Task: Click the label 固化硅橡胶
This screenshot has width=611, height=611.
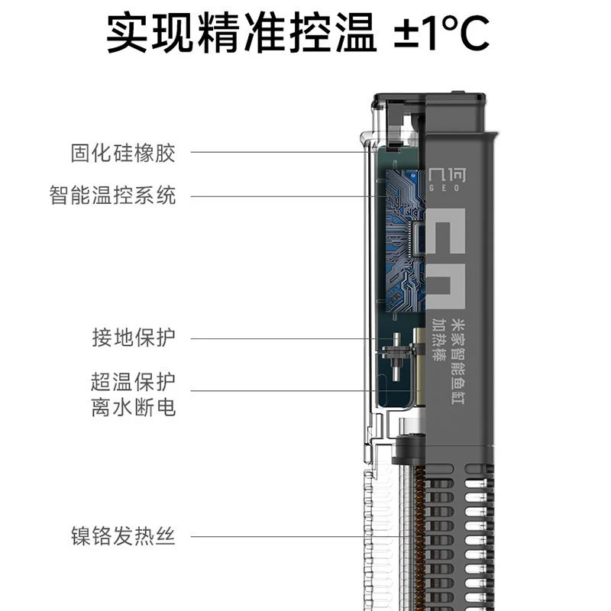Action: click(x=123, y=153)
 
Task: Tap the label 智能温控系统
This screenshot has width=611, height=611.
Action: click(x=112, y=195)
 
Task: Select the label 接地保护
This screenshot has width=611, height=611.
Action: click(x=133, y=338)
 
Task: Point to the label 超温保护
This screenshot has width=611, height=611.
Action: click(x=133, y=381)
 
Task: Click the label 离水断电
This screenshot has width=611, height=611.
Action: click(x=133, y=407)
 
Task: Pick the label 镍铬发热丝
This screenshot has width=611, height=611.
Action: click(x=123, y=536)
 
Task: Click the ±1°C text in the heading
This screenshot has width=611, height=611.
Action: click(x=441, y=32)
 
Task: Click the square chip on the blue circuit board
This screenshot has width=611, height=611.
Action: click(x=419, y=238)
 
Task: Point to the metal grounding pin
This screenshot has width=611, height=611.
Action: click(x=396, y=356)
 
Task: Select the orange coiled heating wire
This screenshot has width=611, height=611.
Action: click(x=420, y=538)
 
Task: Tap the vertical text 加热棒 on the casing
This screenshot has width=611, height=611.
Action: click(x=439, y=340)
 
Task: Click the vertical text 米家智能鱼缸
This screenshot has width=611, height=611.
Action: click(x=458, y=361)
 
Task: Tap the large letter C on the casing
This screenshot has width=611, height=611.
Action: click(x=446, y=231)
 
